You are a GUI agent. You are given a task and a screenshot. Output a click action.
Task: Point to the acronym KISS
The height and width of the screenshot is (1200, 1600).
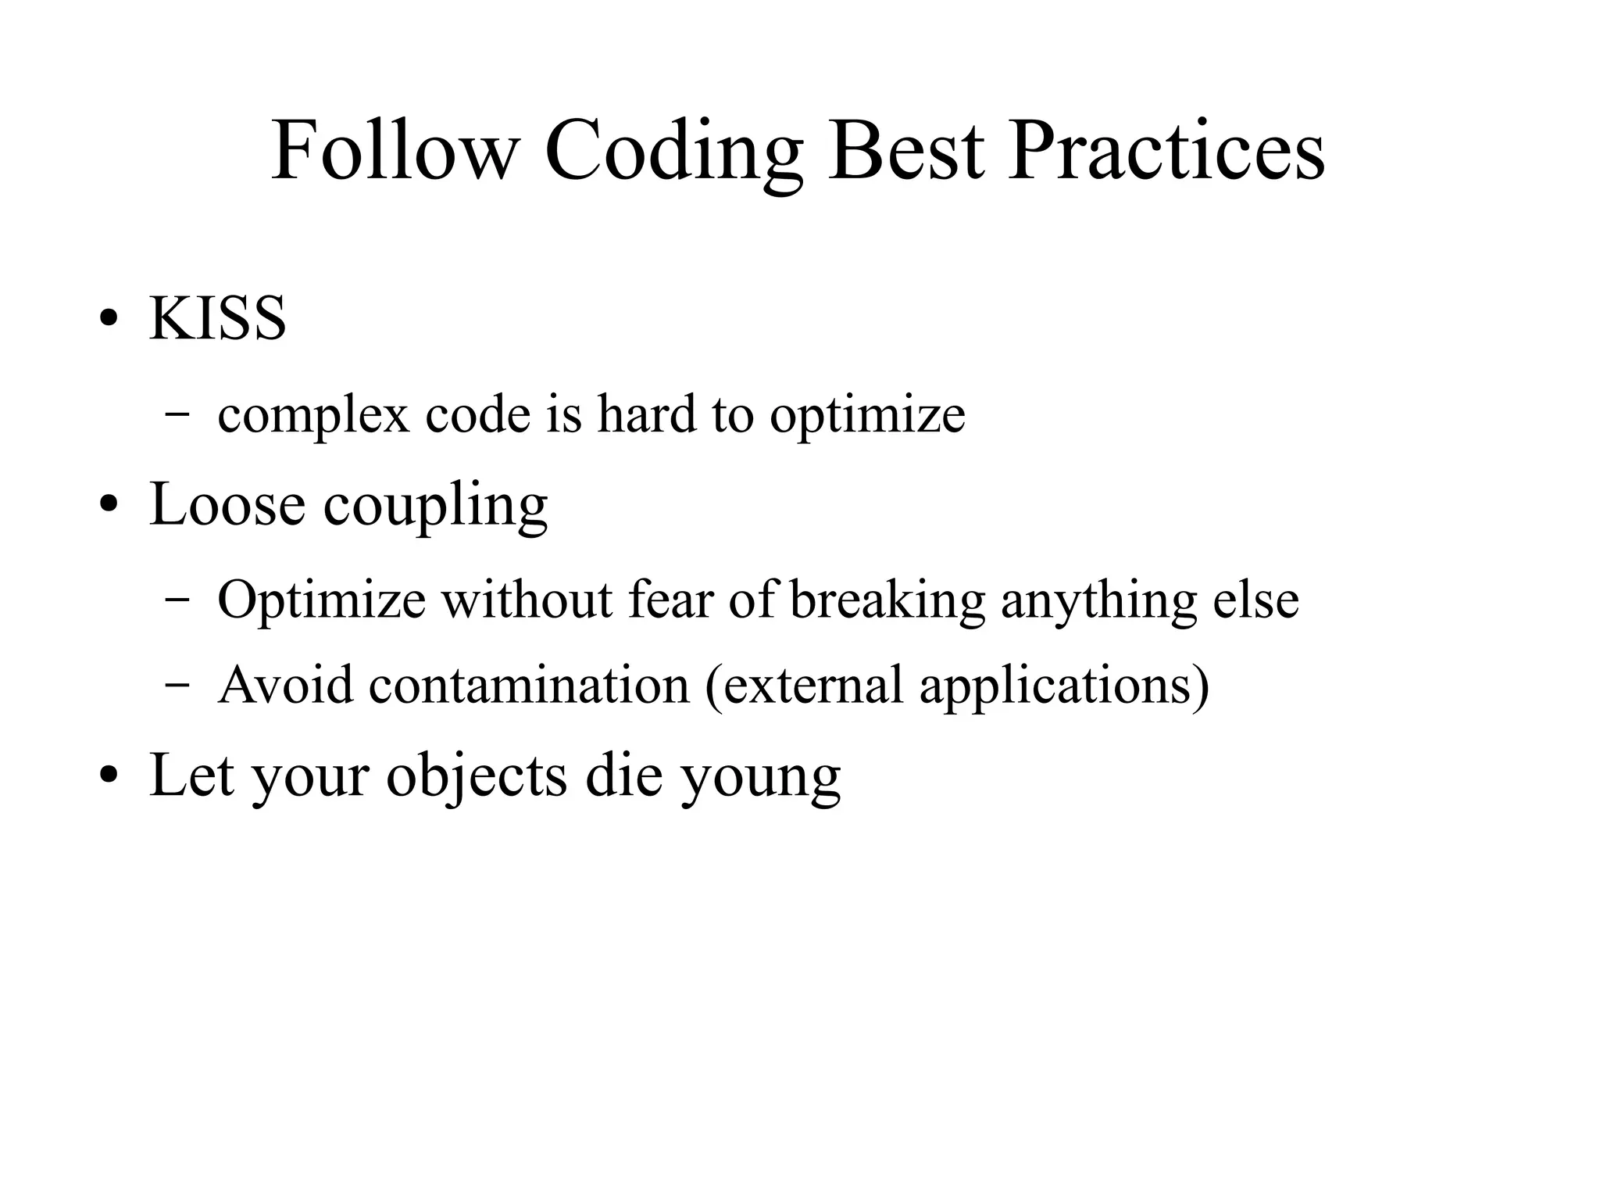(218, 319)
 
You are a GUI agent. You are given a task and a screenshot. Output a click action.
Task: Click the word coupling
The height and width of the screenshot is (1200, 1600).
(435, 507)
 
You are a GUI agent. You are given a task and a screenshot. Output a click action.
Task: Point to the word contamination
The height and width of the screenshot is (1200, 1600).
(529, 685)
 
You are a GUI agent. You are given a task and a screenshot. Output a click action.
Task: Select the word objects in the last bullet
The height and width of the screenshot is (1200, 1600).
(477, 776)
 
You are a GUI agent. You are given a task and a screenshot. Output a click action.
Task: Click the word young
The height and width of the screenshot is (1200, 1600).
(760, 779)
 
